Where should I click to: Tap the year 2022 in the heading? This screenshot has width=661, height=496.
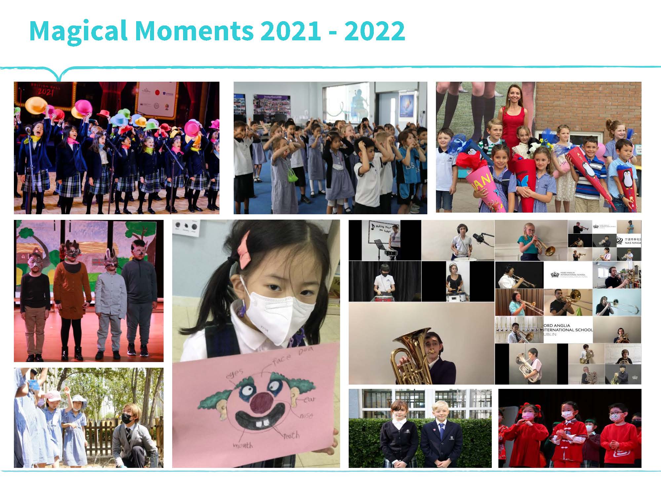pos(374,31)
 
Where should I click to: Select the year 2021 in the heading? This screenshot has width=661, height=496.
pos(290,31)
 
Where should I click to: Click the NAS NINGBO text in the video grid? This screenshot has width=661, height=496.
pos(629,242)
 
